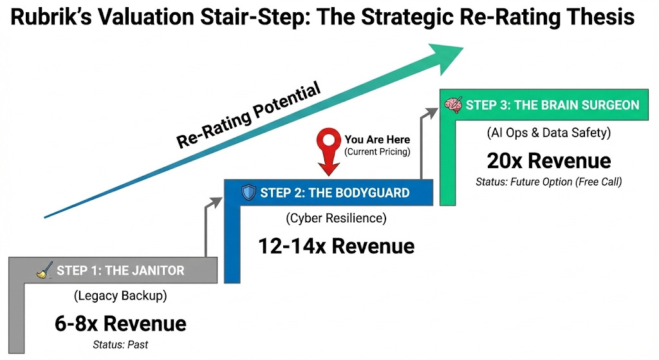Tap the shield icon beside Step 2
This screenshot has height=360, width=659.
tap(248, 193)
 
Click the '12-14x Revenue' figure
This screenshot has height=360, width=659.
tap(337, 245)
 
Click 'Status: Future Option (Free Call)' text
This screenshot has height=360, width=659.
tap(549, 182)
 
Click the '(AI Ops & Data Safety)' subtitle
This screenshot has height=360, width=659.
tap(549, 134)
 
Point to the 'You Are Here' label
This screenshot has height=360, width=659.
tap(377, 139)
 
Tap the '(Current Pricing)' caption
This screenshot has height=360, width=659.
tap(377, 152)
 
